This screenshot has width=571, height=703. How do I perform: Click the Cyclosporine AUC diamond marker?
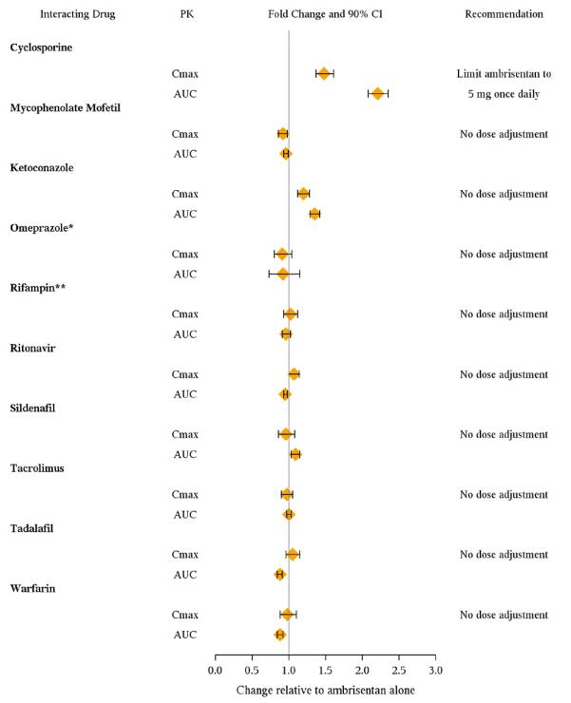(x=378, y=93)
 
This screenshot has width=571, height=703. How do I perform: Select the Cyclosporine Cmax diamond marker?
(x=324, y=73)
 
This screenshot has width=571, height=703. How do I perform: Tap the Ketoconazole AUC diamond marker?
(x=314, y=214)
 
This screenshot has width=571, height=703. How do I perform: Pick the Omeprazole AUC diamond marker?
(x=283, y=274)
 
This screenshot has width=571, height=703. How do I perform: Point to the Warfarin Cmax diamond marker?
(x=287, y=615)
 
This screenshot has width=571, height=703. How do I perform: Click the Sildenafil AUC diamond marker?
(x=295, y=454)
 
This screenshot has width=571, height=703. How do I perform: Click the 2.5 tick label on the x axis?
(x=399, y=671)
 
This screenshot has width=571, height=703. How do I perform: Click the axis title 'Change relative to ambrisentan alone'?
(x=325, y=691)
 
